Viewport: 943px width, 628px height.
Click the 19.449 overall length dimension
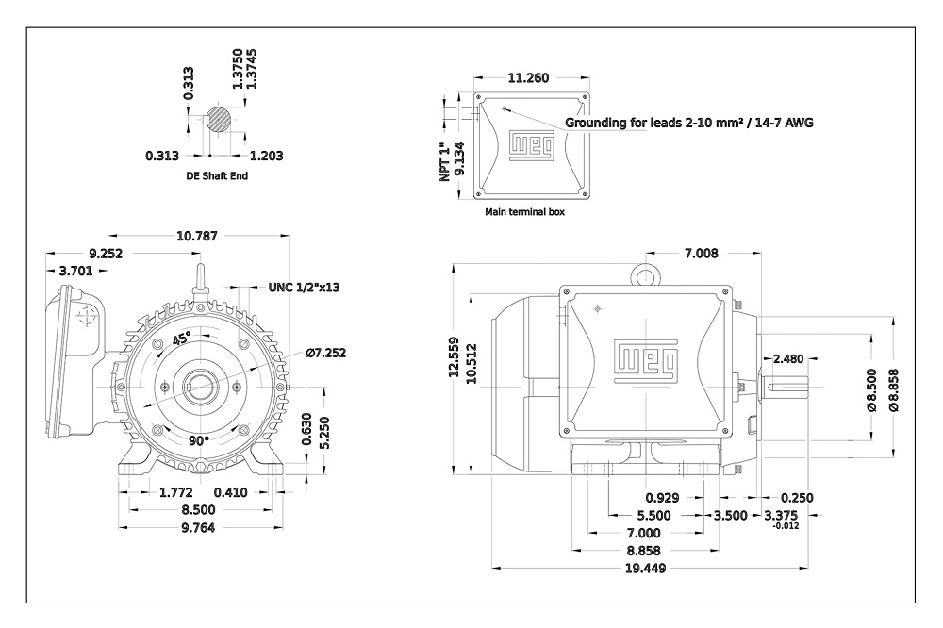645,568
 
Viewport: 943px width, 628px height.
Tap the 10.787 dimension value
197,236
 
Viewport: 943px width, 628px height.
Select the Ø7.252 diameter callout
326,353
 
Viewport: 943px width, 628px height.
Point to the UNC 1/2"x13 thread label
304,287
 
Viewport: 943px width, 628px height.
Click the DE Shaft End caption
217,175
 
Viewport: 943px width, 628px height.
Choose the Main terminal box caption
525,212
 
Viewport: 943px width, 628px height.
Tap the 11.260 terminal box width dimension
529,77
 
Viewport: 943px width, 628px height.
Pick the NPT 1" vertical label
445,162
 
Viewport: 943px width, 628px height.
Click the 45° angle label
182,339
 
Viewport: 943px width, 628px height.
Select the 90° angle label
198,441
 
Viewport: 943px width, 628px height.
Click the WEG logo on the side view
646,361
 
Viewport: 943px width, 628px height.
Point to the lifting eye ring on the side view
645,268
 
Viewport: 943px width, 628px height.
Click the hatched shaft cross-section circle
218,119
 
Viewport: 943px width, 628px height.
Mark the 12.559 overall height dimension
455,357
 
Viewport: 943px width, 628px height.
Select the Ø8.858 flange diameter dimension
894,389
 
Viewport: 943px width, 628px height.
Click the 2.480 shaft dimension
787,358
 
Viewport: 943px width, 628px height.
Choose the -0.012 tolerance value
786,526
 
